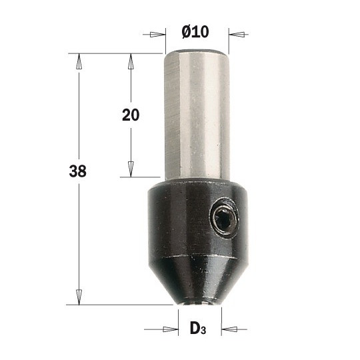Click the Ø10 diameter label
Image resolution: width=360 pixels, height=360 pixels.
(x=195, y=32)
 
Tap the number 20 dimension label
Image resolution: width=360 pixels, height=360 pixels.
(x=131, y=115)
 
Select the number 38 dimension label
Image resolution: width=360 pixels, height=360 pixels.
(x=78, y=171)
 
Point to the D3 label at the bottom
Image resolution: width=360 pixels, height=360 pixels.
(x=198, y=329)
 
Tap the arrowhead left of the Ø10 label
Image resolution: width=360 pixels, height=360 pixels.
(x=157, y=35)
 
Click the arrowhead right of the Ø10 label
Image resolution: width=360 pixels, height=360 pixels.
(x=237, y=35)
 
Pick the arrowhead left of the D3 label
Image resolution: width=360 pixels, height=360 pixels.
(x=171, y=329)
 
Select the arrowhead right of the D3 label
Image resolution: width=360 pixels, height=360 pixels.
(x=229, y=329)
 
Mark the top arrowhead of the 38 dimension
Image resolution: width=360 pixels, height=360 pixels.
(x=79, y=61)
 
